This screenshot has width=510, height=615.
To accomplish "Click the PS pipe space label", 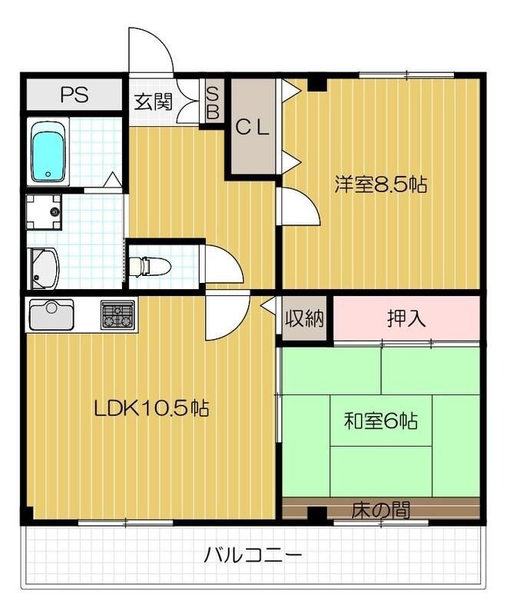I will pos(75,95).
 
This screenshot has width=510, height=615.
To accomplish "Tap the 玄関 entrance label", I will pos(154,101).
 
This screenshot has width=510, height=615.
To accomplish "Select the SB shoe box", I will pos(213,102).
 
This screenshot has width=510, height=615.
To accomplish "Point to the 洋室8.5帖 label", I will pos(380,184).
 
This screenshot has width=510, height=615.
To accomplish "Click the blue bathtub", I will pos(49,152).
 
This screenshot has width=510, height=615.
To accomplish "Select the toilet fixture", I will pos(149,266).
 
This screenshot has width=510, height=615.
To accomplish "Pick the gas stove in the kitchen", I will pos(117,314).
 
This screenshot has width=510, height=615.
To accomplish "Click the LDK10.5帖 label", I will pos(151,408).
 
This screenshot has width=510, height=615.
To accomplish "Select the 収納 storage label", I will pos(305,317).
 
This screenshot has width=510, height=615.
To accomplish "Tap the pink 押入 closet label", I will pos(406,317).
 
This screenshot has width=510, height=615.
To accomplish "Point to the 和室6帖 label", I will pos(380,421).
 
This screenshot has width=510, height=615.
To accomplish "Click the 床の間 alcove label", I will pos(380,509).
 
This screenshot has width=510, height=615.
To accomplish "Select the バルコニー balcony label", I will pos(253,553).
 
